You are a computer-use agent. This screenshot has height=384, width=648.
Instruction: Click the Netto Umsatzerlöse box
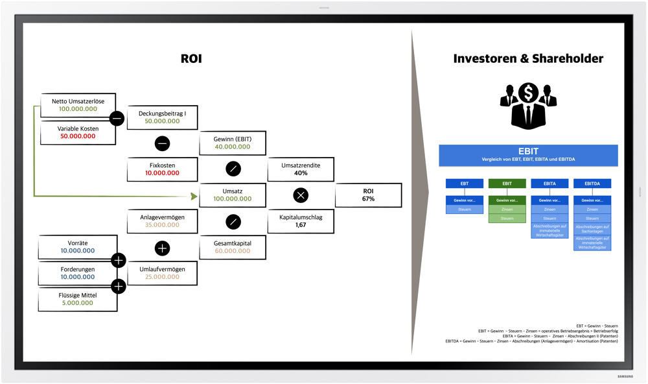tap(78, 105)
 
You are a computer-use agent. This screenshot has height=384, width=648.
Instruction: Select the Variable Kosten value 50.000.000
tap(78, 136)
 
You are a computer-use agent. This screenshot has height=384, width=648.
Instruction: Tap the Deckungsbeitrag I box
tap(162, 117)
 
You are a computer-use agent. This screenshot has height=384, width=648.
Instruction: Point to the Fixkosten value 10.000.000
tap(162, 173)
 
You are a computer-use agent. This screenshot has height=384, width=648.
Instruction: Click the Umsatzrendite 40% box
tap(301, 169)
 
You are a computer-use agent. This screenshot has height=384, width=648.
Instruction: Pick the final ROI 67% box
tap(368, 195)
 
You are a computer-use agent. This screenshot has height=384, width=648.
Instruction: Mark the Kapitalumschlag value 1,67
tap(301, 225)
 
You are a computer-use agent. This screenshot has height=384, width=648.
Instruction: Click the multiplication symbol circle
tap(301, 195)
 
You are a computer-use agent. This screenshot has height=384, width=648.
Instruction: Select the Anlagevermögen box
tap(162, 221)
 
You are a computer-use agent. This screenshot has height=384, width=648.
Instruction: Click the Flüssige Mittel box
tap(78, 298)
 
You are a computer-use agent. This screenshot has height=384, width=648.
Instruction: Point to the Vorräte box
tap(78, 246)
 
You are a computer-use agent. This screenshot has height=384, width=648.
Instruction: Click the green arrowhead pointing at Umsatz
tap(192, 195)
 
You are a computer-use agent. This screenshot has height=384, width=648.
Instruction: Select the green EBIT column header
tap(507, 184)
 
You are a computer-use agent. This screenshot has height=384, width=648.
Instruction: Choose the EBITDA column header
tap(592, 184)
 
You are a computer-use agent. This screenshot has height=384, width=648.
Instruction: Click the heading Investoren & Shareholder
tap(528, 59)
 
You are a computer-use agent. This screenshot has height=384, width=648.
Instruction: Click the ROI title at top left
tap(191, 59)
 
